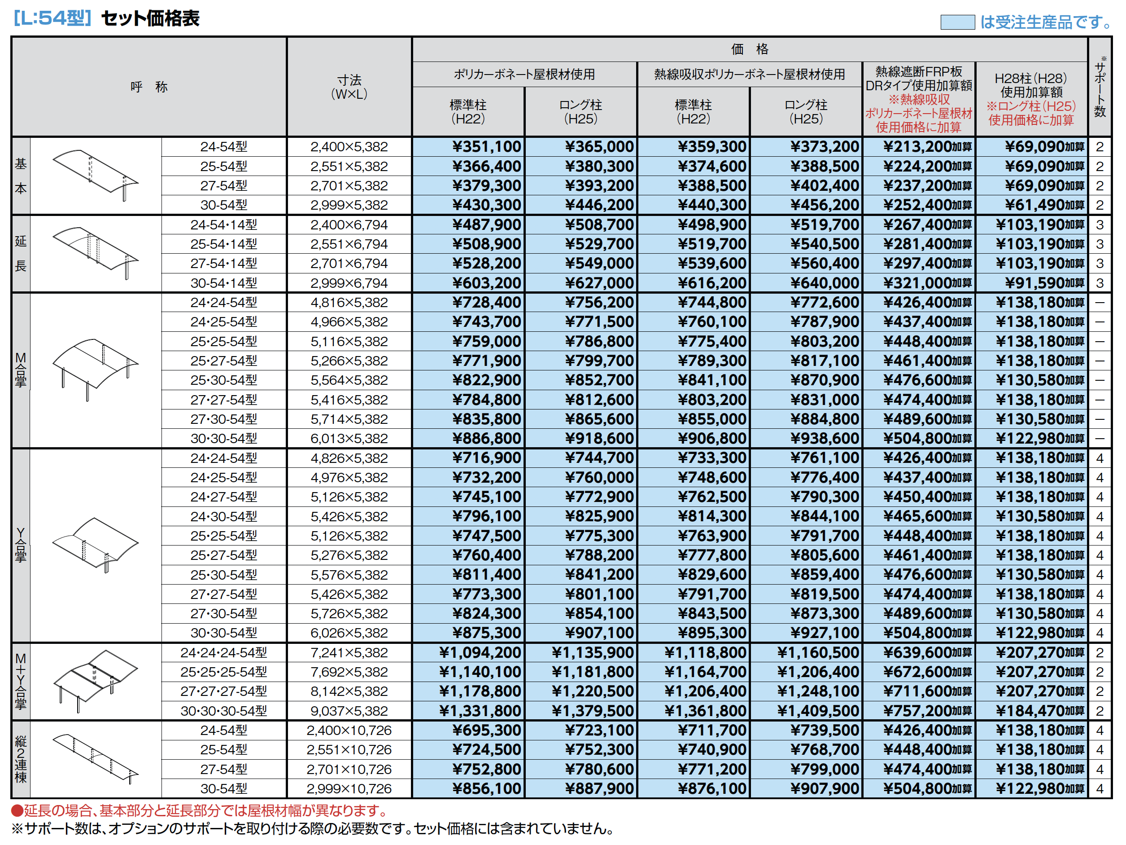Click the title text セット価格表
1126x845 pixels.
click(150, 19)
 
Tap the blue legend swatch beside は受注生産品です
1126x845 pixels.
click(957, 22)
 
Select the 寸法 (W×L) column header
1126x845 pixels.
click(349, 87)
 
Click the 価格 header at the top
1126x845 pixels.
click(749, 49)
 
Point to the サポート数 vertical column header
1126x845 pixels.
click(1100, 88)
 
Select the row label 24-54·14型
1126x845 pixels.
click(223, 224)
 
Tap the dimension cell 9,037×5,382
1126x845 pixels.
click(349, 711)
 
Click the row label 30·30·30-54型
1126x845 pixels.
click(223, 711)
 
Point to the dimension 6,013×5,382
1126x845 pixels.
click(349, 438)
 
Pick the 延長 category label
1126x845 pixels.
click(20, 253)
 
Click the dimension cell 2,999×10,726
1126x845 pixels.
click(349, 788)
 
